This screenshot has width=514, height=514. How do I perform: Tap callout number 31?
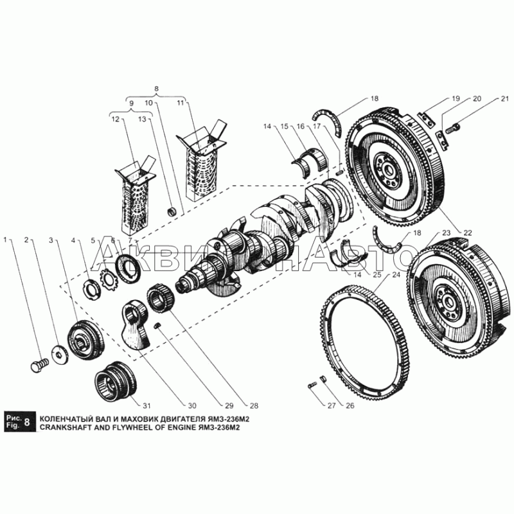[148, 405]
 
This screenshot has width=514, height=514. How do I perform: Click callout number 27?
[331, 405]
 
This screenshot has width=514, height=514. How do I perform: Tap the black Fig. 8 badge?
[20, 422]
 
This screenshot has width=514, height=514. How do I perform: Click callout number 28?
[254, 405]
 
